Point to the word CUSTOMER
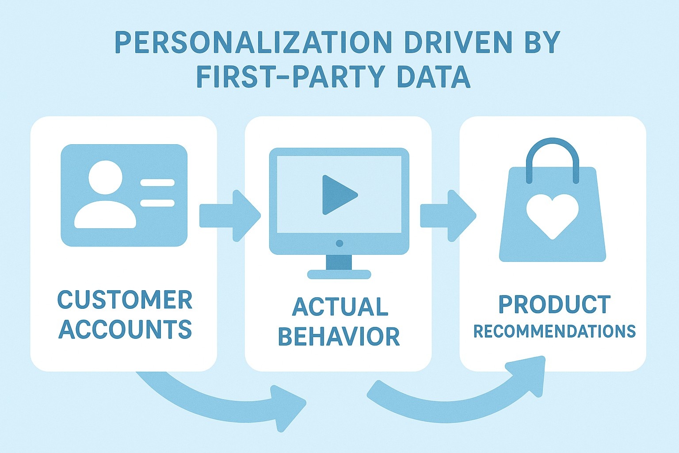coord(125,300)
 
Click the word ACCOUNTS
coord(125,329)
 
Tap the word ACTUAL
coord(340,307)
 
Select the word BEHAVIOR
coord(339,337)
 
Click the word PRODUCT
coord(554,304)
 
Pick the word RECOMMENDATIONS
coord(554,331)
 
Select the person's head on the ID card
coord(105,177)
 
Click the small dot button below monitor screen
coord(339,243)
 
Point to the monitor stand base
coord(339,275)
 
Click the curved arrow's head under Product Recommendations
coord(528,374)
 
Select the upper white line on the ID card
coord(157,182)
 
